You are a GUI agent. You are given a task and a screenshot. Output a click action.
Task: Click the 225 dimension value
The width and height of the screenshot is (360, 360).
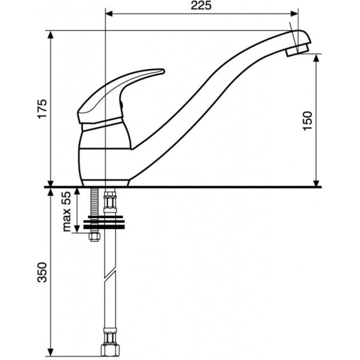click(x=201, y=6)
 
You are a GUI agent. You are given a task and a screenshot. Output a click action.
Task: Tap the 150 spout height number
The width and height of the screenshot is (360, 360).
click(x=308, y=121)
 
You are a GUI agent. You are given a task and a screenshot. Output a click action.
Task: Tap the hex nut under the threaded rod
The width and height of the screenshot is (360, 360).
click(x=94, y=237)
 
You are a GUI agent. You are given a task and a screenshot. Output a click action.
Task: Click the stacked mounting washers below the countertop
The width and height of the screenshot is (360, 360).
click(x=104, y=222)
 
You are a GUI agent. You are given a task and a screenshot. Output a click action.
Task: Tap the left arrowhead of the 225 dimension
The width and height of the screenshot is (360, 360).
click(x=109, y=14)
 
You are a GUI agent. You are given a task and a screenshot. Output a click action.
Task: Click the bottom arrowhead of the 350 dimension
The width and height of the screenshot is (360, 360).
click(x=51, y=352)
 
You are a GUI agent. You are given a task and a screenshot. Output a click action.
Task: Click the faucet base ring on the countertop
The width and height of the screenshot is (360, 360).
click(x=105, y=183)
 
